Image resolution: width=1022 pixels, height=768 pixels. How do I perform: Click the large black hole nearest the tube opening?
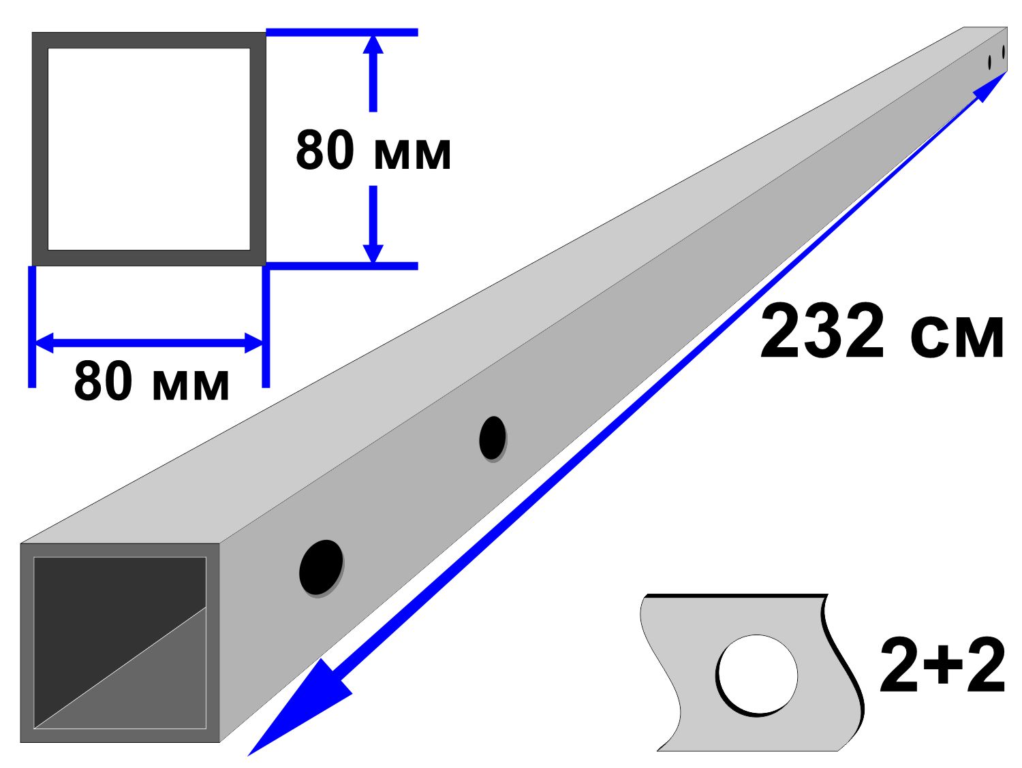point(322,568)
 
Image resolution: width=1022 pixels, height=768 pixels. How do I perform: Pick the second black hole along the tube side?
point(493,438)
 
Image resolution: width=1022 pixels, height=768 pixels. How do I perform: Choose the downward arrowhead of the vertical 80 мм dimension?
point(373,253)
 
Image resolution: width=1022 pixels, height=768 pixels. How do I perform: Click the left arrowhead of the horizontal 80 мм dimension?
point(45,343)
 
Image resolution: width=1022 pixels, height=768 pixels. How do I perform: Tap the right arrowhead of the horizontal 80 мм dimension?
point(253,343)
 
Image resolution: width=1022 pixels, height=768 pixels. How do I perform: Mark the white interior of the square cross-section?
point(149,149)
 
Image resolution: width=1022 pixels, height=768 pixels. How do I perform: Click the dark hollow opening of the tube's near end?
point(120,643)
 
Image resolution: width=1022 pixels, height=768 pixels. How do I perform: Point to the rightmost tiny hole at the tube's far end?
point(1004,52)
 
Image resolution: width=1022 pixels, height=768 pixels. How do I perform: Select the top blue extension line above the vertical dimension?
point(342,32)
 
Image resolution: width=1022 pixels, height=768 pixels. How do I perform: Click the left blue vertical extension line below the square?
point(31,327)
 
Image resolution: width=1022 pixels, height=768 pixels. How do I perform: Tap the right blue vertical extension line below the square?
point(266,327)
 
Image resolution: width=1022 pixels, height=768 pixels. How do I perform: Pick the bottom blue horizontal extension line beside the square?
point(342,266)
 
